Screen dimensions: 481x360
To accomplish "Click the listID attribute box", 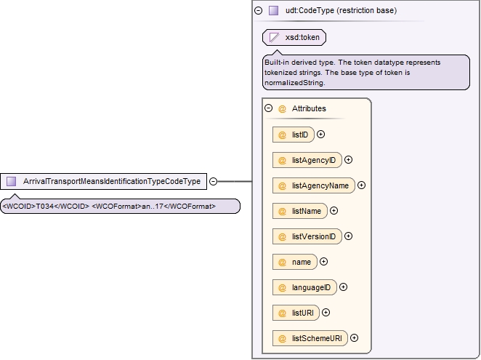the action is [294, 135].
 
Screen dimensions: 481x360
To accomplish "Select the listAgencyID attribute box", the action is [307, 160].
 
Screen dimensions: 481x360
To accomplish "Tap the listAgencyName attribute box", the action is [313, 185].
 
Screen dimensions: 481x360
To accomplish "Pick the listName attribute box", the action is [300, 211].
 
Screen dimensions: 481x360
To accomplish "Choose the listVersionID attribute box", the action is [307, 236].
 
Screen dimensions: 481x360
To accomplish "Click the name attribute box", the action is [295, 262].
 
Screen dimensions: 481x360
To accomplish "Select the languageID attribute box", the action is [304, 287].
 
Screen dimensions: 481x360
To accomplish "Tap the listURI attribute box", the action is [296, 313].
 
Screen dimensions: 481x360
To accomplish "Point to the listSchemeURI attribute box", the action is [310, 338].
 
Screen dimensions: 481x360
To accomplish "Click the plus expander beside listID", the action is [320, 135].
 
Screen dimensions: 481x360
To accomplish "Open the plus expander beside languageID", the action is [343, 287].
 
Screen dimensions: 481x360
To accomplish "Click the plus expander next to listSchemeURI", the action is [354, 338].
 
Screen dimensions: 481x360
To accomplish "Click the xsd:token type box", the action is [294, 38].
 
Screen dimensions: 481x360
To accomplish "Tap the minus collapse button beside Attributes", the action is [268, 108].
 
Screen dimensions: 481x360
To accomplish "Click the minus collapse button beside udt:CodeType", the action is [258, 10].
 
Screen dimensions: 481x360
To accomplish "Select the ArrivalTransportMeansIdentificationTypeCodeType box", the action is [103, 181].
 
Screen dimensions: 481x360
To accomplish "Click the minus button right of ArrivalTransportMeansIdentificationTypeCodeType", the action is [213, 182].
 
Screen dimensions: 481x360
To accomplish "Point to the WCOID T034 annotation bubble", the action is [120, 206].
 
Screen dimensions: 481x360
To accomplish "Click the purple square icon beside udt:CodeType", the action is [273, 10].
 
